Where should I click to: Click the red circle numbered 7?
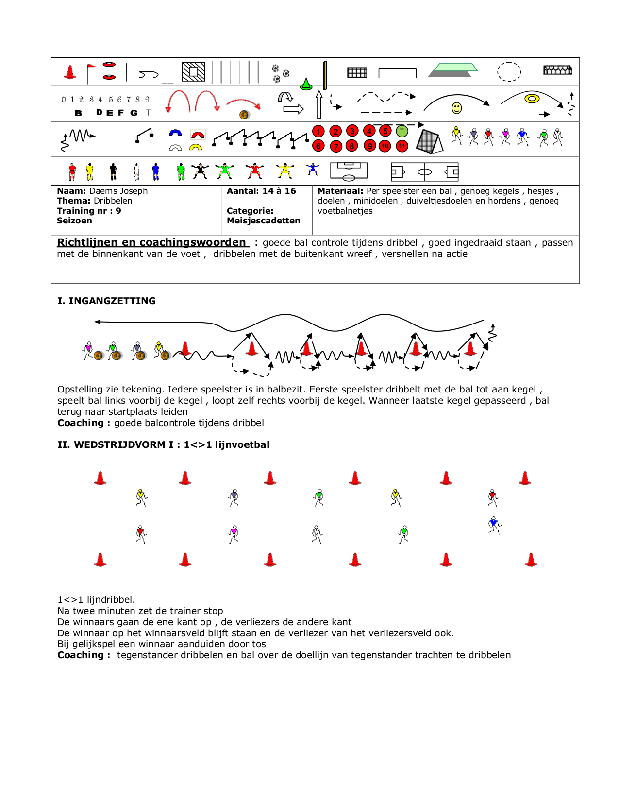335,146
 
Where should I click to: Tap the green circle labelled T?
402,131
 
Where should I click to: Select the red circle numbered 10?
385,146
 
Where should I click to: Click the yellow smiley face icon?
456,108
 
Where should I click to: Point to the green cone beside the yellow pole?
306,85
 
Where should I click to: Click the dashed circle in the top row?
509,72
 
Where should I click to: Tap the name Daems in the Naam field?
103,191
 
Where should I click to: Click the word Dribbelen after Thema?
113,201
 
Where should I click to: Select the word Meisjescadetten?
263,221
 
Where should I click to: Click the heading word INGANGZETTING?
112,301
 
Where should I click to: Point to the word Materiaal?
340,191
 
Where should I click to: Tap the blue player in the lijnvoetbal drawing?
494,525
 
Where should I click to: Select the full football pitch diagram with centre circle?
424,171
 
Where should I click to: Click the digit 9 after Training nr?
118,211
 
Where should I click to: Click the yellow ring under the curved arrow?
532,99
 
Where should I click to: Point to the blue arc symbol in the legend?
175,133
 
